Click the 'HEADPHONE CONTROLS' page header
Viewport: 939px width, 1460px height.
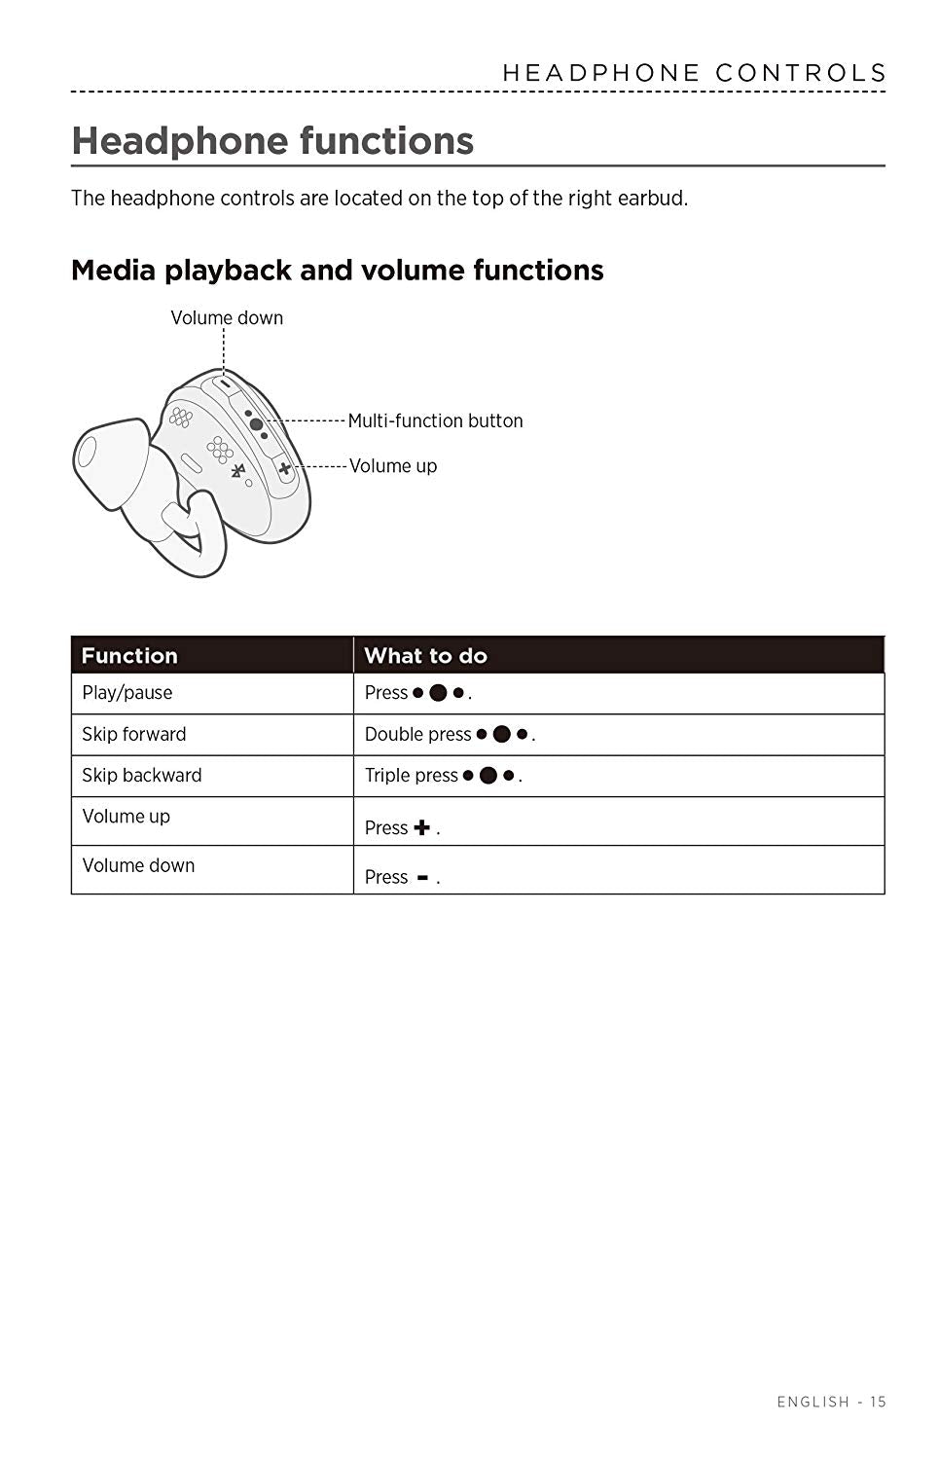pos(694,73)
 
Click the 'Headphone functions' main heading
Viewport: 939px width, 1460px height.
pos(272,141)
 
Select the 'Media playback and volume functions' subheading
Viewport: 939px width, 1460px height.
pos(337,270)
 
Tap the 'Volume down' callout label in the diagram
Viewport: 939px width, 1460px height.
pos(227,317)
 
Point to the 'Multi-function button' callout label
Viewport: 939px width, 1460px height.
pos(435,420)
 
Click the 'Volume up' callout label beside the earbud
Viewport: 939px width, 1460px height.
pos(393,465)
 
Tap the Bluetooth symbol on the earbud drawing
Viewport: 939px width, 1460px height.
pos(237,472)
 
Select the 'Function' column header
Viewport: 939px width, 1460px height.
pos(129,655)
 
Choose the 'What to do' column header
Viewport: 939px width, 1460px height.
pos(425,655)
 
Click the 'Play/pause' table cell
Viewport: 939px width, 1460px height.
pos(127,693)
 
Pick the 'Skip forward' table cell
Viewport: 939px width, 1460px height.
pos(134,734)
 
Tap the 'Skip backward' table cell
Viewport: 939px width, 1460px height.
pos(142,776)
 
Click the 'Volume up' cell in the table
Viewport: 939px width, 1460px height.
pos(126,817)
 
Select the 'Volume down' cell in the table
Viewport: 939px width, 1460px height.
pos(138,865)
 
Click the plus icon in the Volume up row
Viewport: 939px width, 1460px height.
pos(421,827)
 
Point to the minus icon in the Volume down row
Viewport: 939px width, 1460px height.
pos(422,877)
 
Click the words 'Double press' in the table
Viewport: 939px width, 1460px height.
pos(417,734)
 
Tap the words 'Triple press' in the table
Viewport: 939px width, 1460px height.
pos(411,776)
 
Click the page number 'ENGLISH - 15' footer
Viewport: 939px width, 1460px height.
pos(831,1402)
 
